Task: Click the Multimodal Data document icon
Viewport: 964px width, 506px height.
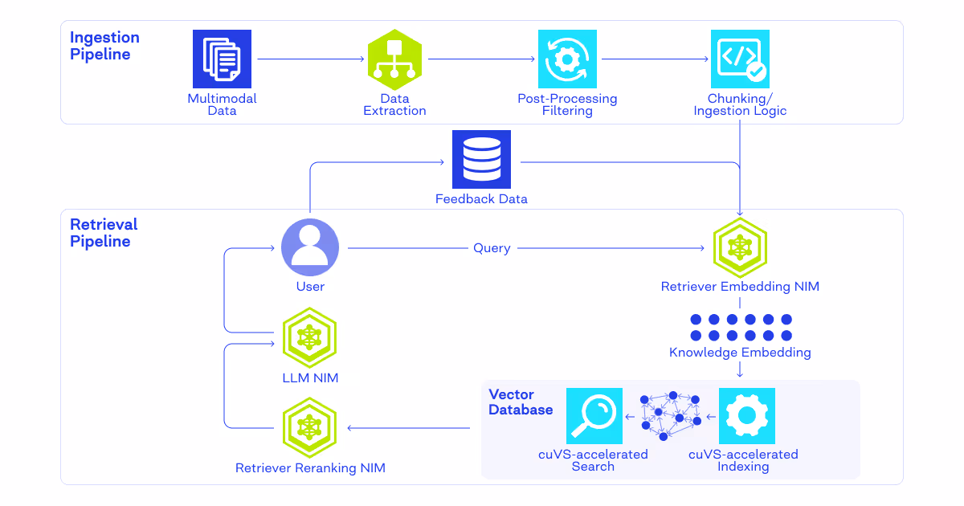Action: click(x=222, y=59)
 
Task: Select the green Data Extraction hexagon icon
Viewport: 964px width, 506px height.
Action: click(x=394, y=59)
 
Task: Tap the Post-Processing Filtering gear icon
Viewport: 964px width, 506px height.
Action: click(x=567, y=59)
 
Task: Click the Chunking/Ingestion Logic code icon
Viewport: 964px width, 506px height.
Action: click(x=740, y=59)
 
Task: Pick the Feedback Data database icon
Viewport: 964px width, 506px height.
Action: click(x=481, y=159)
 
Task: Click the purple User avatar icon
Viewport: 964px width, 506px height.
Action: click(x=310, y=247)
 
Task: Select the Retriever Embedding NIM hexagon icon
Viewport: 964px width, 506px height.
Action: click(x=740, y=247)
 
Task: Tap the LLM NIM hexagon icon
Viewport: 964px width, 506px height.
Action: click(x=310, y=339)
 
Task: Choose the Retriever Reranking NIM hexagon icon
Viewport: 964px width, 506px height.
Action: click(x=310, y=427)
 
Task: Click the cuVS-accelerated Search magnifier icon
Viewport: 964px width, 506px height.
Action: click(x=594, y=416)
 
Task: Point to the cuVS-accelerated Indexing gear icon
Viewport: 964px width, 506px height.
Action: click(x=746, y=416)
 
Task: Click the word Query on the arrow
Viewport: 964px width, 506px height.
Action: click(x=492, y=248)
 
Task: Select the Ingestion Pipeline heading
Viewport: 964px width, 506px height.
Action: click(x=104, y=46)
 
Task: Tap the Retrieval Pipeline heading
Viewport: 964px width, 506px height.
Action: click(x=104, y=233)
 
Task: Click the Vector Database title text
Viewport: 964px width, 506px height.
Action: click(x=521, y=402)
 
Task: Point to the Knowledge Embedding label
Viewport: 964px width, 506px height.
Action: click(x=740, y=353)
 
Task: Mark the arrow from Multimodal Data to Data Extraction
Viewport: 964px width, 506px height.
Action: click(x=309, y=59)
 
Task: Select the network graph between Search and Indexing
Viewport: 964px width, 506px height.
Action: click(x=670, y=416)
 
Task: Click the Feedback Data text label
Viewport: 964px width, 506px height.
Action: click(x=481, y=198)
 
